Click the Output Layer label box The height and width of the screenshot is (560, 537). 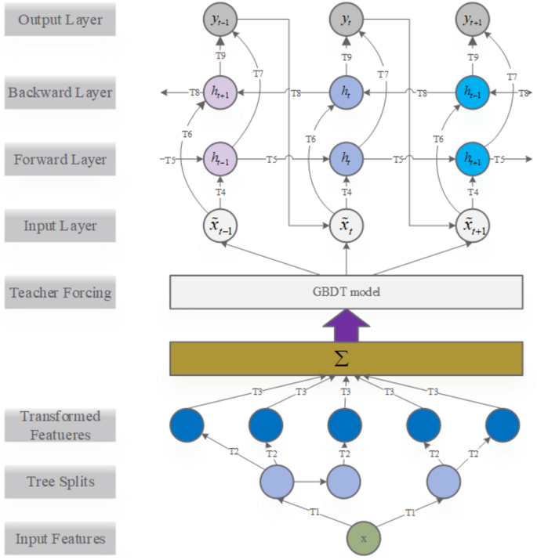coord(60,20)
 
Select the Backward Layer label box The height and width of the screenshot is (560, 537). coord(60,92)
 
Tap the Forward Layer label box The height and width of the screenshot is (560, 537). coord(60,160)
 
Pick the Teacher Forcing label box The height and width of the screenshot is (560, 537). coord(60,294)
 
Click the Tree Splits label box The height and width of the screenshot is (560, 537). coord(60,481)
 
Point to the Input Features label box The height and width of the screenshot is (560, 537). coord(60,539)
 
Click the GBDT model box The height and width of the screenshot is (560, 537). coord(346,291)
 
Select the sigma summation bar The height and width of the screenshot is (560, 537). coord(346,358)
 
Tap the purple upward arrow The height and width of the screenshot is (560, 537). coord(346,324)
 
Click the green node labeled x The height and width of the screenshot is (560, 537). coord(363,539)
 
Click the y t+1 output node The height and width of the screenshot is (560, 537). coord(474,20)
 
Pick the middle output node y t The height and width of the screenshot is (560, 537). coord(346,20)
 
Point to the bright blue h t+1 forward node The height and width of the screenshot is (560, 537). coord(474,159)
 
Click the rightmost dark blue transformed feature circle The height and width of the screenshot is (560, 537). coord(503,424)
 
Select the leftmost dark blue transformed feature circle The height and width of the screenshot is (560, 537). coord(187,424)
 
